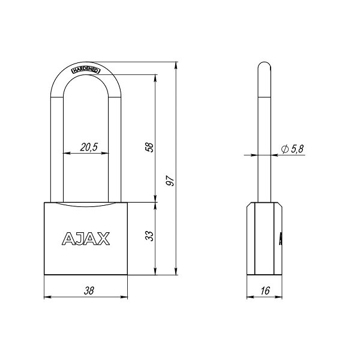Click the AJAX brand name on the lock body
[x=86, y=239]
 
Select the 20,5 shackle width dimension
[x=88, y=147]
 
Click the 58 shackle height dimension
[x=150, y=148]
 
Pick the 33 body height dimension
[x=150, y=236]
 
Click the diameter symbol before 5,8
[x=284, y=149]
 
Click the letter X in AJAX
[x=103, y=239]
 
